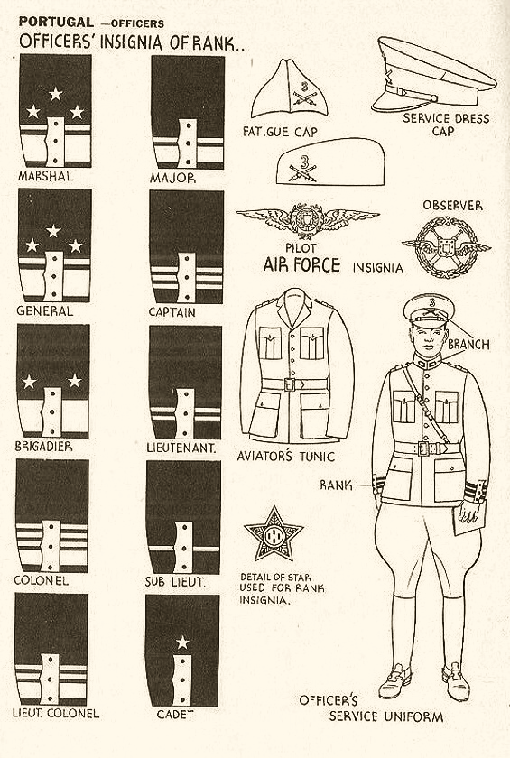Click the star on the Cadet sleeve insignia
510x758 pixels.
pos(182,642)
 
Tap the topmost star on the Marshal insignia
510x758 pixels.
pos(56,94)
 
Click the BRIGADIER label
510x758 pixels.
pos(43,446)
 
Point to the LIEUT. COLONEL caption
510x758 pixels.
pos(56,713)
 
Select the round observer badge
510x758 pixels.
pos(446,247)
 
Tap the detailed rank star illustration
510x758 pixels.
pos(274,533)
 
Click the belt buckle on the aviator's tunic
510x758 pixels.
pos(291,384)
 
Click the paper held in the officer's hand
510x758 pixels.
pos(467,520)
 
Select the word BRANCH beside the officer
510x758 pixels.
pos(468,345)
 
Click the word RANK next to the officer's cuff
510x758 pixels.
pos(336,485)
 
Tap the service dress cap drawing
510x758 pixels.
pos(433,75)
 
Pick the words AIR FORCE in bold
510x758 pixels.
pos(301,265)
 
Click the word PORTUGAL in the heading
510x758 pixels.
pos(56,22)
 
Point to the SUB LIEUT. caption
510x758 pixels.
pos(175,582)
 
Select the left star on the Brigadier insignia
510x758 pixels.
pos(29,382)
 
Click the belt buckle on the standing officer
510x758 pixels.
pos(424,448)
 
